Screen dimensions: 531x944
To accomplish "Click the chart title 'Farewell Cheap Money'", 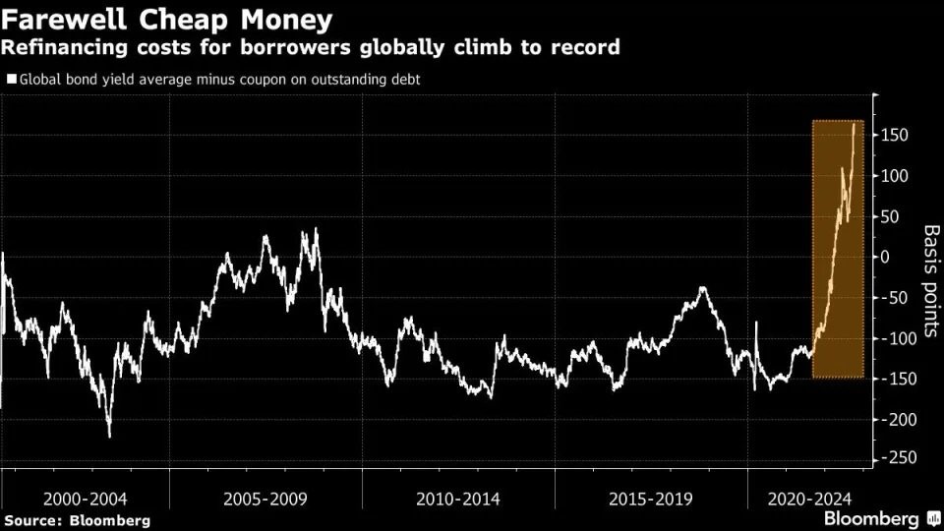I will point(167,19).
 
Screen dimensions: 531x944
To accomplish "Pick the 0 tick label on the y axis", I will point(886,257).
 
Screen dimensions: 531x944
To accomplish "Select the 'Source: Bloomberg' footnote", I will point(78,519).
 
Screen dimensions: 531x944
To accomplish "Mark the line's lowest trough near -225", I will point(109,436).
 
